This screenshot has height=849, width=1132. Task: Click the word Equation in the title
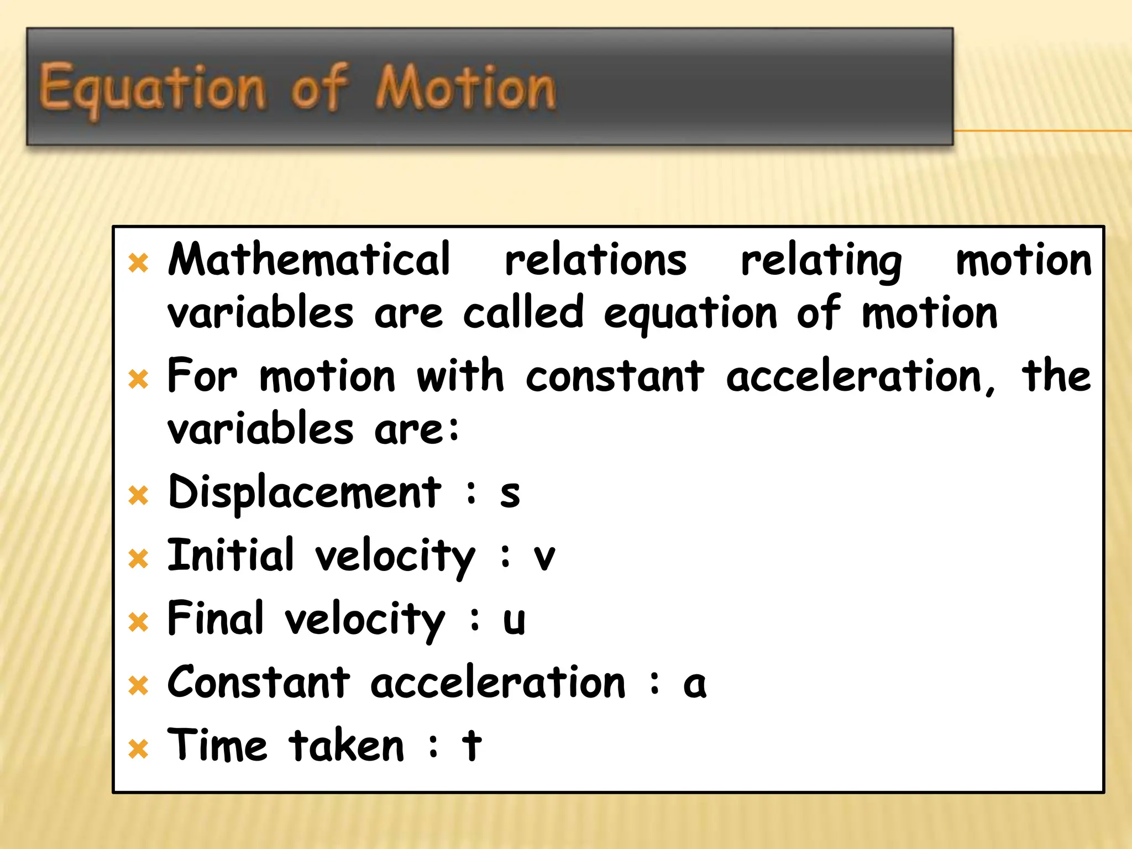tap(152, 88)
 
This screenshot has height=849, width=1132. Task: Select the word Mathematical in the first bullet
tap(309, 260)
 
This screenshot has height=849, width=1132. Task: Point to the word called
tap(523, 312)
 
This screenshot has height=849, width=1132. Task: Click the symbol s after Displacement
tap(510, 494)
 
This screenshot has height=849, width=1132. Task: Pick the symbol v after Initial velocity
tap(544, 557)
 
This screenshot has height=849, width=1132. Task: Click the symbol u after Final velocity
tap(513, 620)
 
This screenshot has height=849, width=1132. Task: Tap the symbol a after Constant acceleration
tap(694, 684)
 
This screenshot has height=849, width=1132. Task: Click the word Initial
tap(230, 555)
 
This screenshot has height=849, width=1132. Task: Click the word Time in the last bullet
tap(217, 745)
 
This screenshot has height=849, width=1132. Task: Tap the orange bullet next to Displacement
tap(138, 495)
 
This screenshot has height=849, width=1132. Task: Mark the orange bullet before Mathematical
tap(138, 263)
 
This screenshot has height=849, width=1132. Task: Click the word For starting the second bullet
tap(202, 376)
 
